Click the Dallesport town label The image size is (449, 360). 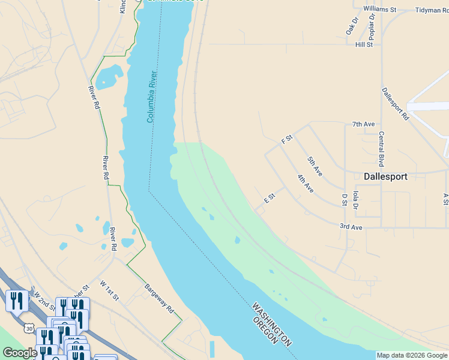(386, 177)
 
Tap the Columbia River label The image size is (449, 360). (152, 97)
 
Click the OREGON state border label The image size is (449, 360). (265, 330)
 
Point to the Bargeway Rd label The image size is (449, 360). (159, 298)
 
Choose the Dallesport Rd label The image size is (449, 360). (395, 104)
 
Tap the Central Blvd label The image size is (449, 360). (381, 149)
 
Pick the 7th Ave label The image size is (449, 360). (363, 124)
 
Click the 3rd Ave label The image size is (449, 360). (351, 227)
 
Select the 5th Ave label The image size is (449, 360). (315, 166)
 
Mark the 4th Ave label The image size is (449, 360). (305, 183)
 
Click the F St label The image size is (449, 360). (287, 139)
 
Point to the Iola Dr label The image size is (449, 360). (355, 200)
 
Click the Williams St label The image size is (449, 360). (380, 10)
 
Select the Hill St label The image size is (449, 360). (364, 44)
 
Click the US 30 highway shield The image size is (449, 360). (29, 328)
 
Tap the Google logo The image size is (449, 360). (20, 353)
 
